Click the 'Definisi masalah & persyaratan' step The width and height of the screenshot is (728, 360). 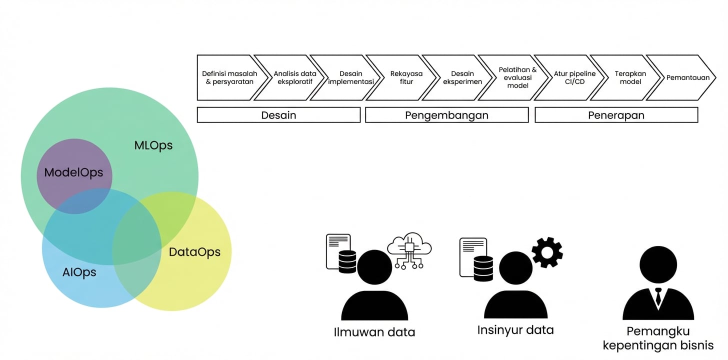coord(229,77)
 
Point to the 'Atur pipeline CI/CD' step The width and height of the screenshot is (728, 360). coord(574,77)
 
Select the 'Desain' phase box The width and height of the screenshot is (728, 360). coord(278,115)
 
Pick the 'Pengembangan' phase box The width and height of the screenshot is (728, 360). coord(446,115)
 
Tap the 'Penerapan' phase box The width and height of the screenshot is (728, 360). coord(616,115)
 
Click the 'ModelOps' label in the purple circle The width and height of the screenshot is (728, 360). coord(73,172)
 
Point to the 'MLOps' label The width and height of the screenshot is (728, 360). coord(153,145)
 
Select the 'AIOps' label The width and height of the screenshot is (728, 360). coord(79,272)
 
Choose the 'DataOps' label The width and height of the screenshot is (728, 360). coord(194,252)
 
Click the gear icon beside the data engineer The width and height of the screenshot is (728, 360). coord(546,252)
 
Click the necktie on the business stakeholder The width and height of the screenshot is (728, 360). coord(658,297)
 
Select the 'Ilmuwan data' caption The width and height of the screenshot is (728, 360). coord(374,332)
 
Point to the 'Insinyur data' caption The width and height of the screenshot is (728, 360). coord(515,330)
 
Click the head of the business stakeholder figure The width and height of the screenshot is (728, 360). coord(658,265)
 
